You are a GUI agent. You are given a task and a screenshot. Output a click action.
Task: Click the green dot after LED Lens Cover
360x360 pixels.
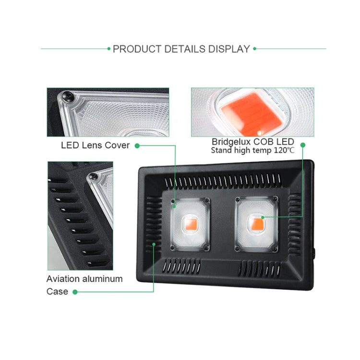pyautogui.click(x=137, y=145)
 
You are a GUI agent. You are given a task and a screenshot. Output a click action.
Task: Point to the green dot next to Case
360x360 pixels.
pyautogui.click(x=74, y=291)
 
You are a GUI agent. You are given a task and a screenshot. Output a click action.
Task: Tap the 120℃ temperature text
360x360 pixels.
pyautogui.click(x=284, y=150)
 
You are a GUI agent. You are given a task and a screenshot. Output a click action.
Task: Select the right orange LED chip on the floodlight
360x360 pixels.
pyautogui.click(x=256, y=222)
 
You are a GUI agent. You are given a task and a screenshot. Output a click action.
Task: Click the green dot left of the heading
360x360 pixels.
pyautogui.click(x=108, y=49)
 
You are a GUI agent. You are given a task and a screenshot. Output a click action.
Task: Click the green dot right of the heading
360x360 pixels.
pyautogui.click(x=254, y=49)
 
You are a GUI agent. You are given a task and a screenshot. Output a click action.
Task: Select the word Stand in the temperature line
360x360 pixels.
pyautogui.click(x=222, y=150)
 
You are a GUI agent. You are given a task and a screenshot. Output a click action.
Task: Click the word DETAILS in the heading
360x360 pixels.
pyautogui.click(x=183, y=49)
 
